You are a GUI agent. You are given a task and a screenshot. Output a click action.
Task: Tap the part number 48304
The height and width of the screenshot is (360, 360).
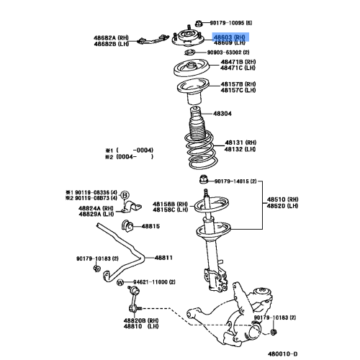tap(222, 114)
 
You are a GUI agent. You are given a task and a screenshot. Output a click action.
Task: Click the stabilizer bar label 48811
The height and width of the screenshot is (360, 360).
tap(165, 257)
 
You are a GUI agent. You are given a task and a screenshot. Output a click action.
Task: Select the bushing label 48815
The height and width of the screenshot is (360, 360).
tap(150, 226)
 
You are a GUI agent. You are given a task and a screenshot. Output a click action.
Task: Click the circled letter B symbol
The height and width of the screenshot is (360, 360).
tap(124, 195)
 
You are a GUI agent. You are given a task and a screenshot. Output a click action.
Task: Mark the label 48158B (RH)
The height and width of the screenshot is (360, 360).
tap(169, 204)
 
